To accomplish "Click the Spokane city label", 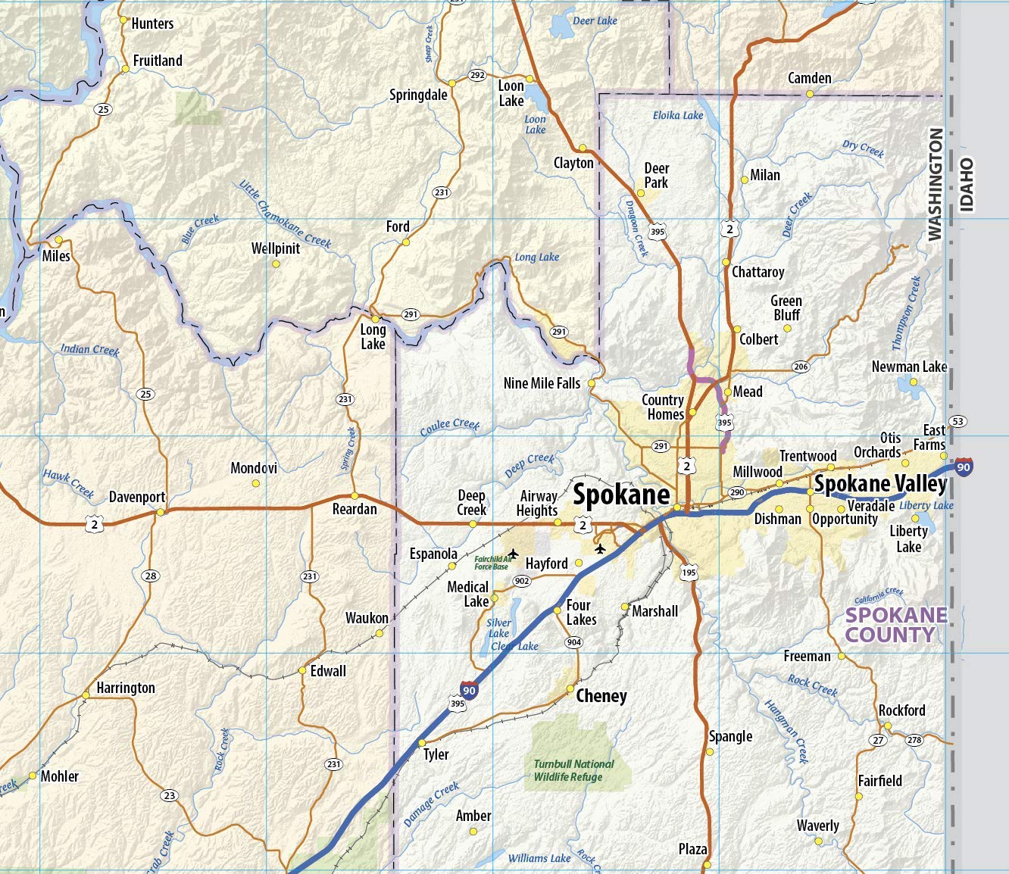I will [621, 495].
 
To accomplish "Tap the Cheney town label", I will [601, 696].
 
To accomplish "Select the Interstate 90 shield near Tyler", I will [469, 690].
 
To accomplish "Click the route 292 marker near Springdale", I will [477, 75].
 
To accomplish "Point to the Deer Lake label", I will [595, 20].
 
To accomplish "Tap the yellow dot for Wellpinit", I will [276, 264].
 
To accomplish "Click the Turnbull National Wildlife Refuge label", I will [573, 770].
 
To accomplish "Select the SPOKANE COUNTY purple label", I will [896, 625].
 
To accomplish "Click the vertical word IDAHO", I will [967, 184].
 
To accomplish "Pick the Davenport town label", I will [137, 498].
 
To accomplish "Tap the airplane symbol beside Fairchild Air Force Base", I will [513, 554].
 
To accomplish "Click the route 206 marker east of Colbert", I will [801, 367].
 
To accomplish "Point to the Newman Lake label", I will [909, 367].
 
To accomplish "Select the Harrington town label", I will [126, 688].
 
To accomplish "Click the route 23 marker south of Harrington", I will [169, 795].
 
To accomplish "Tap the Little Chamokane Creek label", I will [285, 214].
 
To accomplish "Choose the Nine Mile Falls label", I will [542, 383].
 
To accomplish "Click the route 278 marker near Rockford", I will [914, 740].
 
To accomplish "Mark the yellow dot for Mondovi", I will [256, 482].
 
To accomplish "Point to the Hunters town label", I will [152, 23].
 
